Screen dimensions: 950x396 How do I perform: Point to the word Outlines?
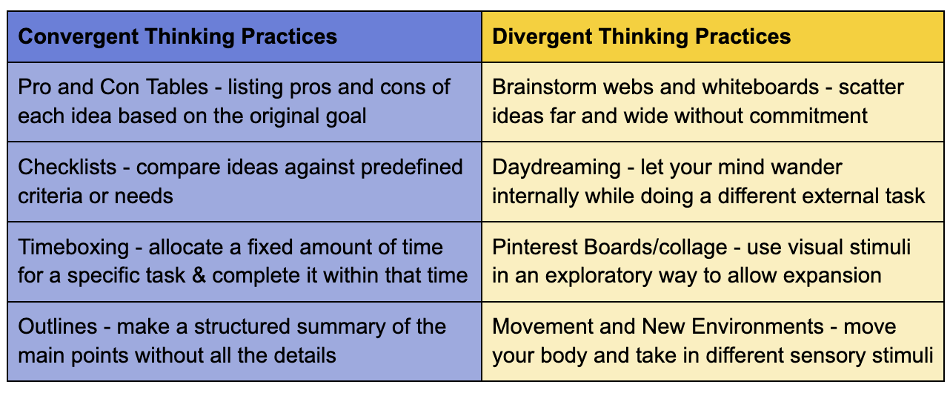pos(56,327)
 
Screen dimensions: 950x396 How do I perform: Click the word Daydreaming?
pos(557,167)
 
